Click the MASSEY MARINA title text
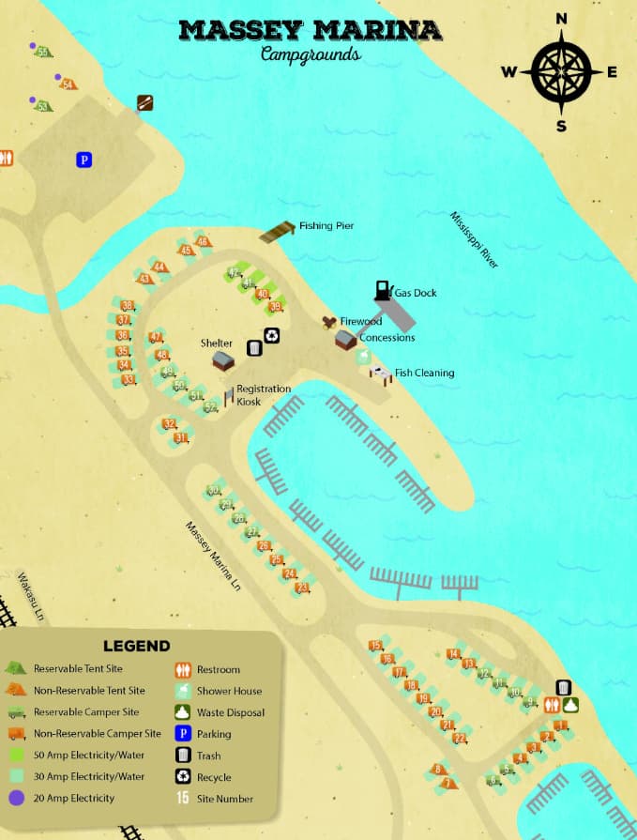pos(310,31)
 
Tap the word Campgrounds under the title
pos(310,54)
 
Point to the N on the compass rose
pos(561,19)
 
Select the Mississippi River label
pos(475,240)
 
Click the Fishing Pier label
pos(326,226)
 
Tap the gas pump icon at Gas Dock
pos(382,289)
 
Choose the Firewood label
pos(360,321)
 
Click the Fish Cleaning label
pos(424,373)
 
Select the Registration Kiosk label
pos(263,395)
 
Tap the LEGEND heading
pos(137,646)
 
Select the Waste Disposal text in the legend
pos(231,712)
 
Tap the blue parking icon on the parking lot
pos(83,160)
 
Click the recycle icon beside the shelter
pos(271,335)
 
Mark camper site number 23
pos(302,588)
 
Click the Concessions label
pos(387,337)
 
